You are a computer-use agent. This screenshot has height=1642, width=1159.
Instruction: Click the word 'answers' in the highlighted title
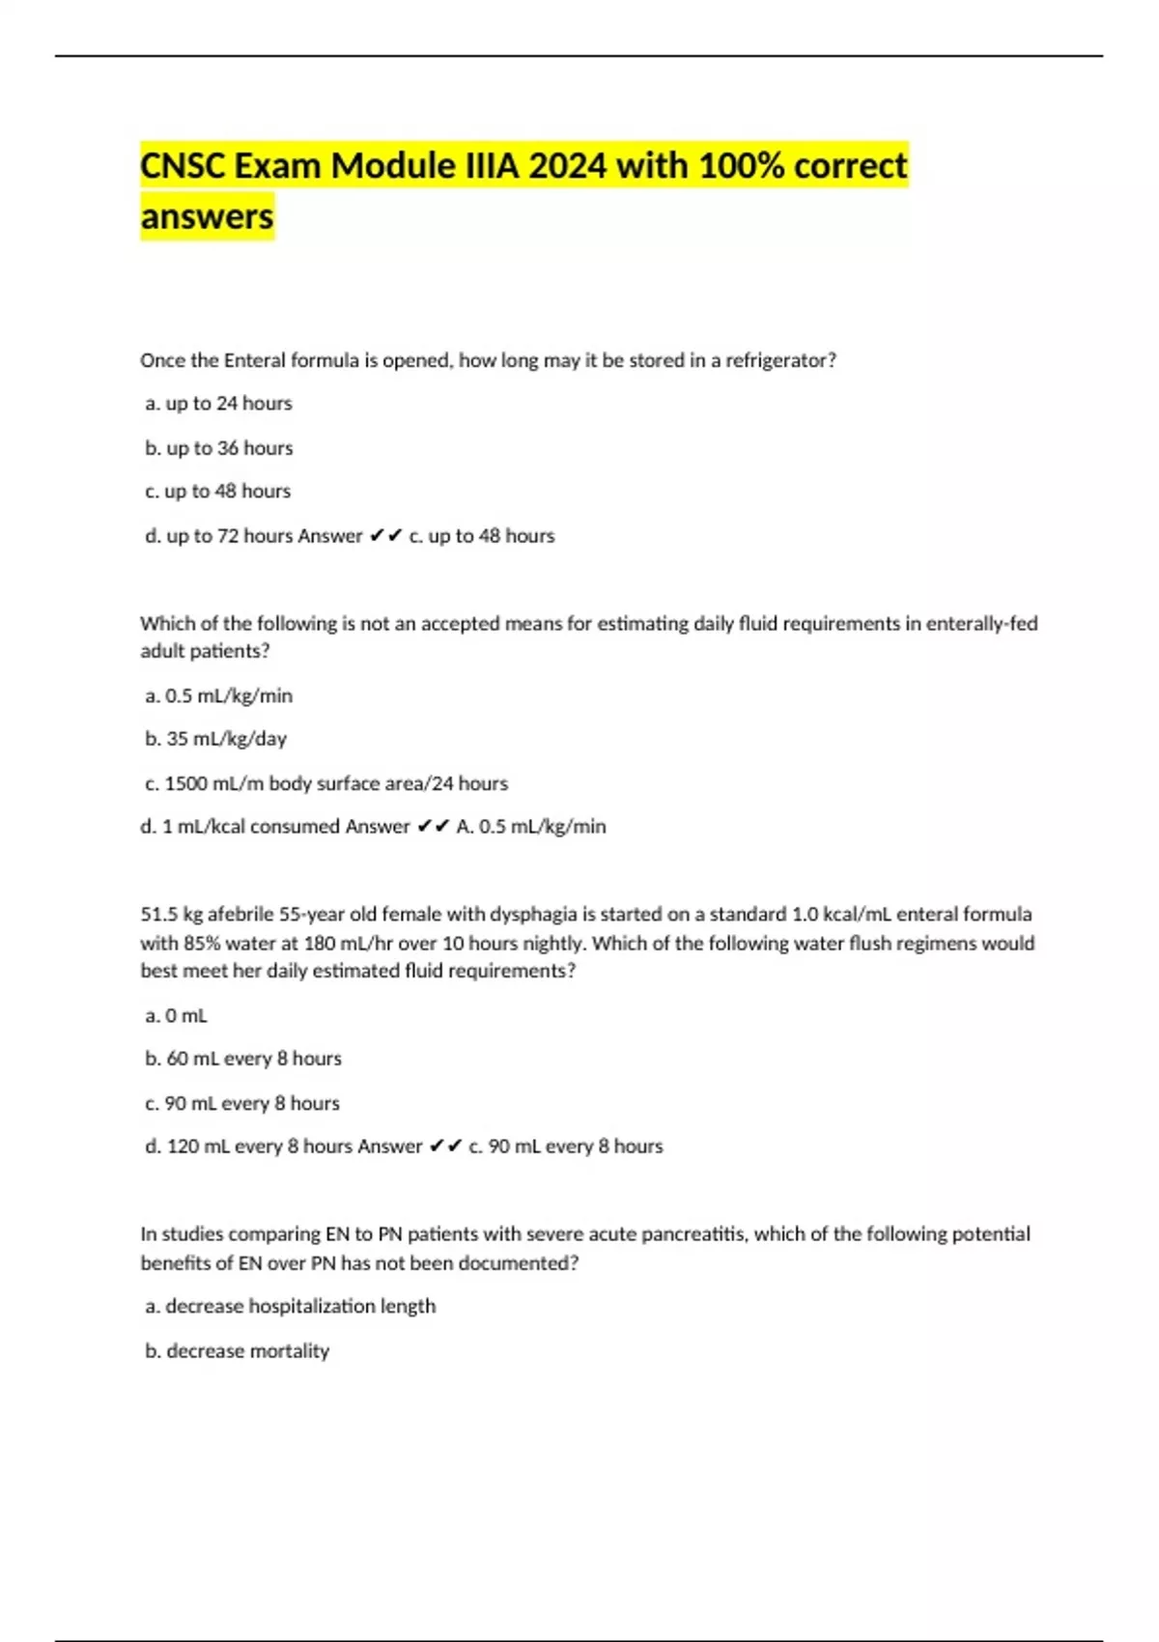[207, 216]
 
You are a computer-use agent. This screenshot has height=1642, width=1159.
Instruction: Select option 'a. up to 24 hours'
[218, 404]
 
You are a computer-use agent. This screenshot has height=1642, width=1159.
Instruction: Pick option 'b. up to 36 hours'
[219, 448]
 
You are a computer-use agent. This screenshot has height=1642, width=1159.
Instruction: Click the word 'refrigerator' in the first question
[776, 360]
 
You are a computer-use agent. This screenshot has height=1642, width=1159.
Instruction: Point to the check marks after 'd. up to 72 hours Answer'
[385, 536]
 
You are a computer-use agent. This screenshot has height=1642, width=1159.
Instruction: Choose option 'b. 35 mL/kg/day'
[216, 739]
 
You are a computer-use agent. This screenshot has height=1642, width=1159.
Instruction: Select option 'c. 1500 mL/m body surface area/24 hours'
[326, 783]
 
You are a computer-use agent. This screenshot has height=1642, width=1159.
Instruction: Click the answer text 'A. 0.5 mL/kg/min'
[531, 827]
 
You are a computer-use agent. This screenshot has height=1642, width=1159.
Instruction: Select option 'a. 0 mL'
[177, 1016]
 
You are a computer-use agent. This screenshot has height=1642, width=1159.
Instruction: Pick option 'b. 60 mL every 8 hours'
[243, 1059]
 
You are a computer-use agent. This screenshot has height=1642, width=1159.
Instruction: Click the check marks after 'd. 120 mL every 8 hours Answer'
[445, 1147]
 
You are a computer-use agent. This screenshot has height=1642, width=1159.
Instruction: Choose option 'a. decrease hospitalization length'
[291, 1307]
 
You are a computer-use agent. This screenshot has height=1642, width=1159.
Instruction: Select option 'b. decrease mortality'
[238, 1351]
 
